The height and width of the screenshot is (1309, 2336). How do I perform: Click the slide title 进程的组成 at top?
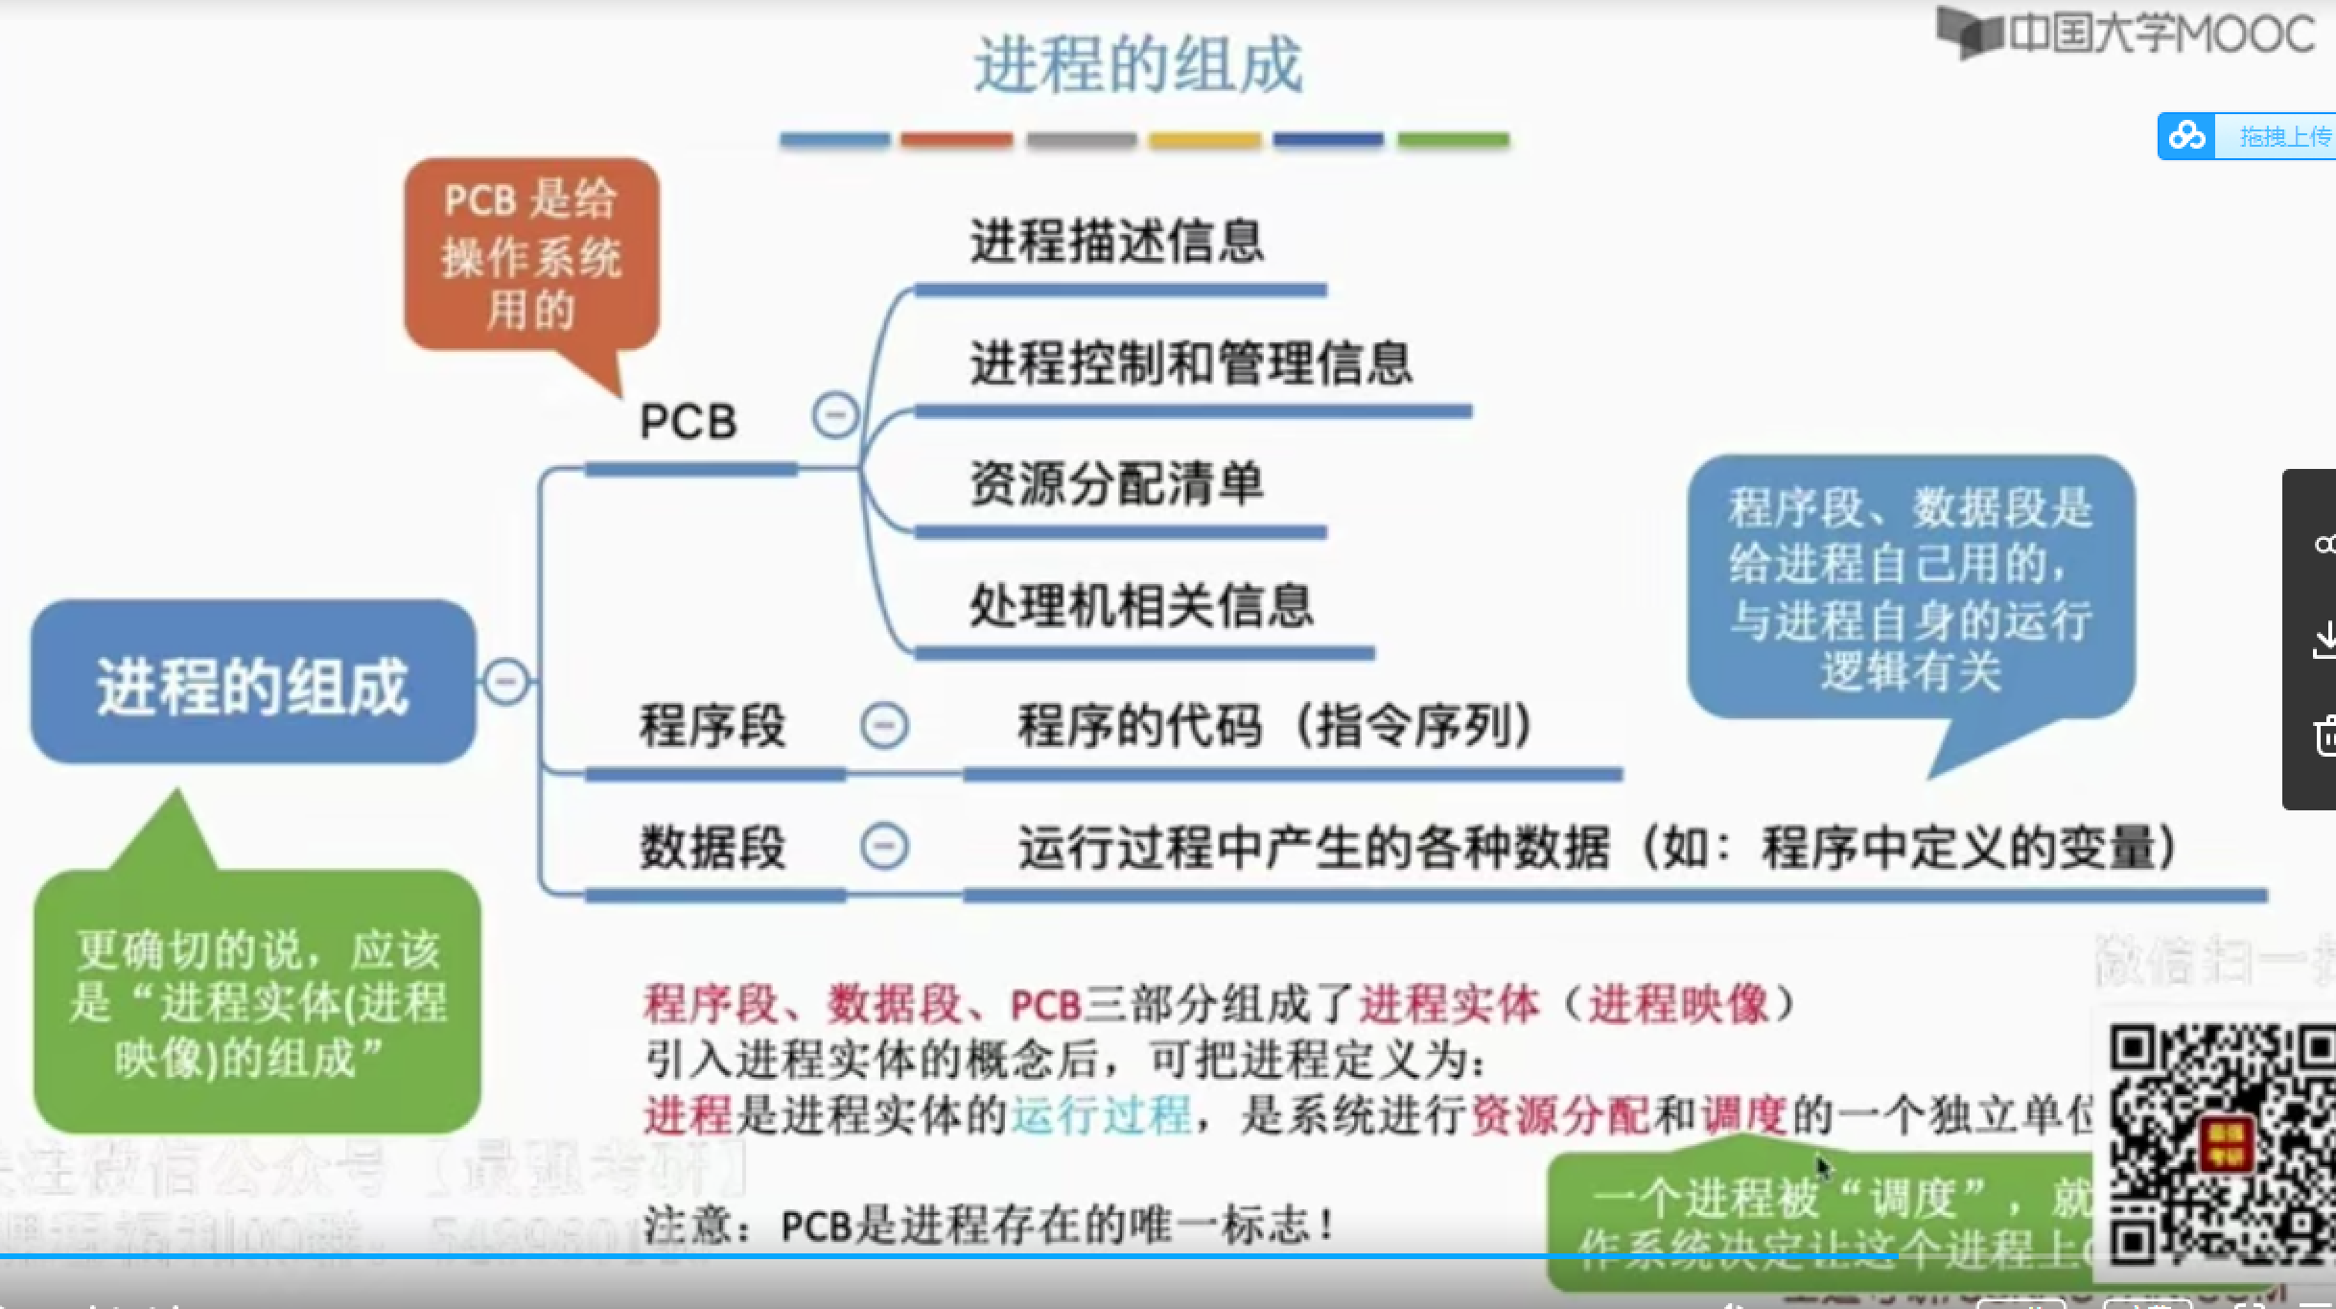(x=1138, y=65)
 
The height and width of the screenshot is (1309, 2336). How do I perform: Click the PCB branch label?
(x=689, y=422)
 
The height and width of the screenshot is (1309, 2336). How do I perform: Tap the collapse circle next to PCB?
(x=834, y=416)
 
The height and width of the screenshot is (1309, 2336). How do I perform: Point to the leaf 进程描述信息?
(x=1117, y=241)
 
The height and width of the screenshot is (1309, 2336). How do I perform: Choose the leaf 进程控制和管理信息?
(x=1191, y=363)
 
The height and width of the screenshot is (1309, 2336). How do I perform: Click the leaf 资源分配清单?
(x=1117, y=484)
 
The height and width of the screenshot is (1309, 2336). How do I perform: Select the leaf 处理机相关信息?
(x=1141, y=606)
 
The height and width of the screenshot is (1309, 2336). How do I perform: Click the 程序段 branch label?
(x=712, y=726)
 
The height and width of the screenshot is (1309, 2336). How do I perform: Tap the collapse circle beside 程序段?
(x=884, y=725)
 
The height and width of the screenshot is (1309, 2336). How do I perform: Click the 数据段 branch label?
(x=712, y=848)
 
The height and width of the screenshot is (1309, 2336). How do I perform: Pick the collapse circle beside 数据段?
(x=884, y=847)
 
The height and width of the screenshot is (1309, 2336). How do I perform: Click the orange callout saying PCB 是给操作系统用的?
(x=531, y=255)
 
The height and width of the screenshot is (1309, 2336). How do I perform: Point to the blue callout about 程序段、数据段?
(x=1910, y=587)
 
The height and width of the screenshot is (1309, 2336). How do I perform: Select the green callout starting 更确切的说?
(x=257, y=1002)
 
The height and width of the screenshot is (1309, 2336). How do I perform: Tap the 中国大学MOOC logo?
(x=2125, y=35)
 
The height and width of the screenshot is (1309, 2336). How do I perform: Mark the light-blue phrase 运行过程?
(x=1101, y=1115)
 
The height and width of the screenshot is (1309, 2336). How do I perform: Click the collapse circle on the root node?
(x=506, y=682)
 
